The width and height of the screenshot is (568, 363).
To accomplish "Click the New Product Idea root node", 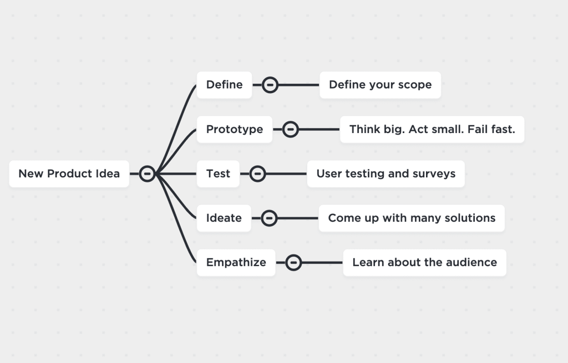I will click(x=69, y=173).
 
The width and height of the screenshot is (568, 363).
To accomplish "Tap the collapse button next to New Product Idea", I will click(x=147, y=173).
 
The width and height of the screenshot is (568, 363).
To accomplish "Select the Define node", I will click(x=224, y=85).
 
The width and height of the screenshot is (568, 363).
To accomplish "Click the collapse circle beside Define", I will click(x=270, y=85).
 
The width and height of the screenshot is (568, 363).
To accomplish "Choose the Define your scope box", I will click(x=380, y=85).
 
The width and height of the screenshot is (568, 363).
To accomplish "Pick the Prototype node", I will click(x=234, y=129).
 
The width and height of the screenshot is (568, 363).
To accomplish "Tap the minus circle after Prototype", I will click(x=291, y=129).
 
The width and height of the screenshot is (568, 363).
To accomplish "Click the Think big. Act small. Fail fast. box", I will click(x=432, y=129).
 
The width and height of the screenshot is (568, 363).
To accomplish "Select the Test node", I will click(x=218, y=173).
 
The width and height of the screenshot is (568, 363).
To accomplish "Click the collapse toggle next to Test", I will click(x=257, y=173).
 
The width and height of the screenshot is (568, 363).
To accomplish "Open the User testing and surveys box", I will click(x=386, y=173).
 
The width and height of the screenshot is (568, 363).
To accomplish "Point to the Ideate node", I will click(x=224, y=218).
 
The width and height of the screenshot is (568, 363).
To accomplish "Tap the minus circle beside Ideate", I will click(x=269, y=218).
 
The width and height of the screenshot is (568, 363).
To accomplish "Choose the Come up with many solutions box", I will click(x=412, y=218).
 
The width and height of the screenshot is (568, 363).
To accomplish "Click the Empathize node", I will click(x=236, y=262).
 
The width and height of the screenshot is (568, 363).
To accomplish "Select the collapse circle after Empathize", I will click(x=293, y=262).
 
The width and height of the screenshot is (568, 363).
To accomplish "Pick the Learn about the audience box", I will click(x=424, y=262).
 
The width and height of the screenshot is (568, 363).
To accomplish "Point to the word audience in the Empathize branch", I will click(x=470, y=262).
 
